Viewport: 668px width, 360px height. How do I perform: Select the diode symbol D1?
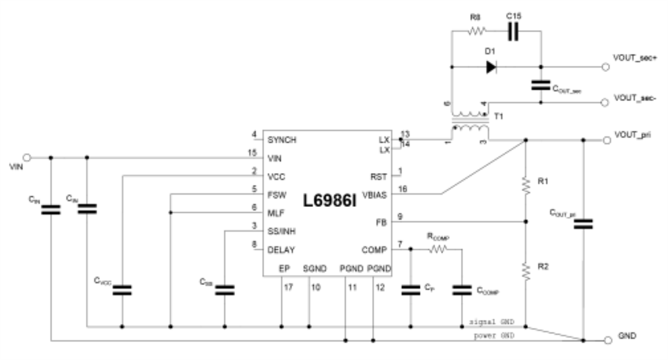click(491, 67)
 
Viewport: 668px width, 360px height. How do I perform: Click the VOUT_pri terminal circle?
click(606, 140)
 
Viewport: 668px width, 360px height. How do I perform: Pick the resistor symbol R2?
click(525, 272)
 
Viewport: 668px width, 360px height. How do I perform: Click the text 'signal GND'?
click(493, 322)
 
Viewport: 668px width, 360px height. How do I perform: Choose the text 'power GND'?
click(494, 336)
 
